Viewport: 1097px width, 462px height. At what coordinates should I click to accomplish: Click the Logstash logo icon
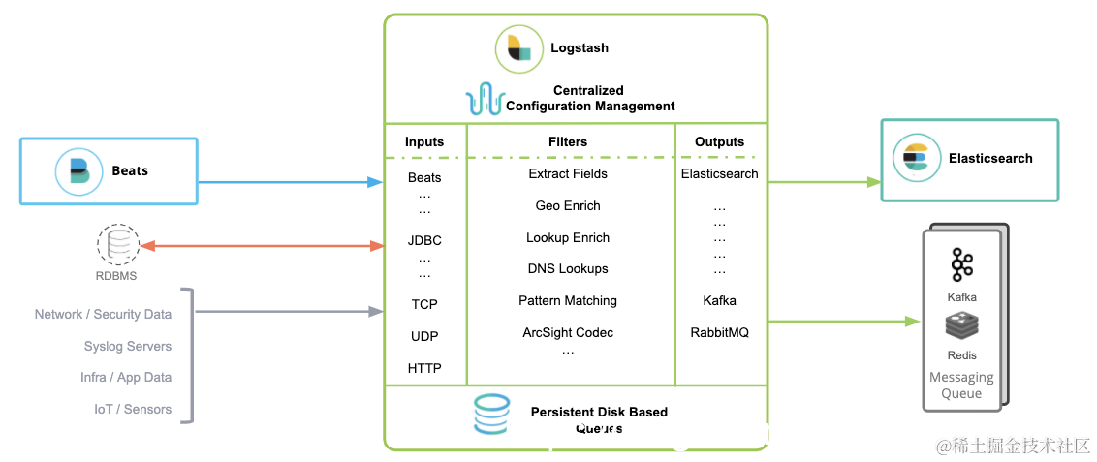520,48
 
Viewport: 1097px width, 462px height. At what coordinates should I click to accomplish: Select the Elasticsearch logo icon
915,159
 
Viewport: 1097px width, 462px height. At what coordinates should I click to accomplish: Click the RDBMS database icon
117,244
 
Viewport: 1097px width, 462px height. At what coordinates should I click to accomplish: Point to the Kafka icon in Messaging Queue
961,264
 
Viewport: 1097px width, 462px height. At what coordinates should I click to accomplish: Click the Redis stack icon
961,327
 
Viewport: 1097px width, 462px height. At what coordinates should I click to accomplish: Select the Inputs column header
424,141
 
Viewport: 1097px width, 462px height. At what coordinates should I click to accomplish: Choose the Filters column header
568,141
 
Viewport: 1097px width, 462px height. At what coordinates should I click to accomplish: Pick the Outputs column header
720,141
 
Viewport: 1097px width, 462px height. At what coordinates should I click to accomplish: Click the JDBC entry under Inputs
424,240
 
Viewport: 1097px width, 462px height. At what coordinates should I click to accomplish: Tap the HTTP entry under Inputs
424,368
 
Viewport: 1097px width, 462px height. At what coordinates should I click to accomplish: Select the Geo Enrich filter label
568,205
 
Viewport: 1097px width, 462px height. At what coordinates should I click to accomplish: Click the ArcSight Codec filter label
568,332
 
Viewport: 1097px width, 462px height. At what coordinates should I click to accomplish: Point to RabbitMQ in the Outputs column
720,332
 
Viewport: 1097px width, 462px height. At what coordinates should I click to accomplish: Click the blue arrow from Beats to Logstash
290,181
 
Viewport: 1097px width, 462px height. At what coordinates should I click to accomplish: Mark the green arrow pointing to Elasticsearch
824,181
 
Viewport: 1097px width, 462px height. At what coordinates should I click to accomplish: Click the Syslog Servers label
128,346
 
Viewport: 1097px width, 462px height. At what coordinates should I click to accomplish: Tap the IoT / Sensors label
133,409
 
